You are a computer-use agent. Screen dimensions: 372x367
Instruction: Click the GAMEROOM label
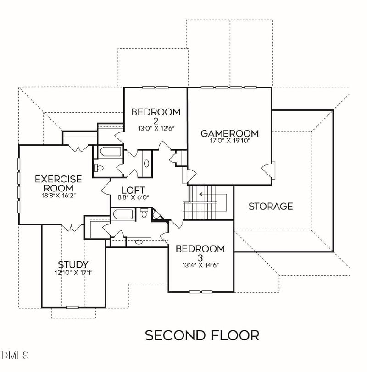(x=229, y=133)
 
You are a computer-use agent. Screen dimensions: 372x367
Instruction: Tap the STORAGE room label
(x=270, y=206)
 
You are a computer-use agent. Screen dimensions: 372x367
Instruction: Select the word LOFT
(x=133, y=190)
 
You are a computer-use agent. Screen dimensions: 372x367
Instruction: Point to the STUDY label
(x=73, y=264)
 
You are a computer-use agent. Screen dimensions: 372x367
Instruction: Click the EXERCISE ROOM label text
(x=58, y=183)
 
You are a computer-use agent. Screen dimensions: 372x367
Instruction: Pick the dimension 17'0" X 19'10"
(x=229, y=141)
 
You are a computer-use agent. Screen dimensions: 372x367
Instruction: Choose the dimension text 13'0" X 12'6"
(x=156, y=129)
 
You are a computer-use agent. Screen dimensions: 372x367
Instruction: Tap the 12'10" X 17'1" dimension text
(x=73, y=272)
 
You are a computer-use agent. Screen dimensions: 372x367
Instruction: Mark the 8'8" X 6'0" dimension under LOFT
(x=133, y=197)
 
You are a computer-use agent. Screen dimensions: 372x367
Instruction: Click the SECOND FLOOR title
(x=202, y=335)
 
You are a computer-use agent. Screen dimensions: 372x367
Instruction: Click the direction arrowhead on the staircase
(x=201, y=194)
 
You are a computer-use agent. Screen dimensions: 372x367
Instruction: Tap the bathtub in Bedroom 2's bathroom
(x=111, y=152)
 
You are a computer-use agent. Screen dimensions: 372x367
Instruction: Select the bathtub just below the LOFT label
(x=123, y=214)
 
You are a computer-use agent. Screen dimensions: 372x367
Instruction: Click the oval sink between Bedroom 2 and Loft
(x=146, y=163)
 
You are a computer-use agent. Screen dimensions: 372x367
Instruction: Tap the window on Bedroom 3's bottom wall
(x=200, y=291)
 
